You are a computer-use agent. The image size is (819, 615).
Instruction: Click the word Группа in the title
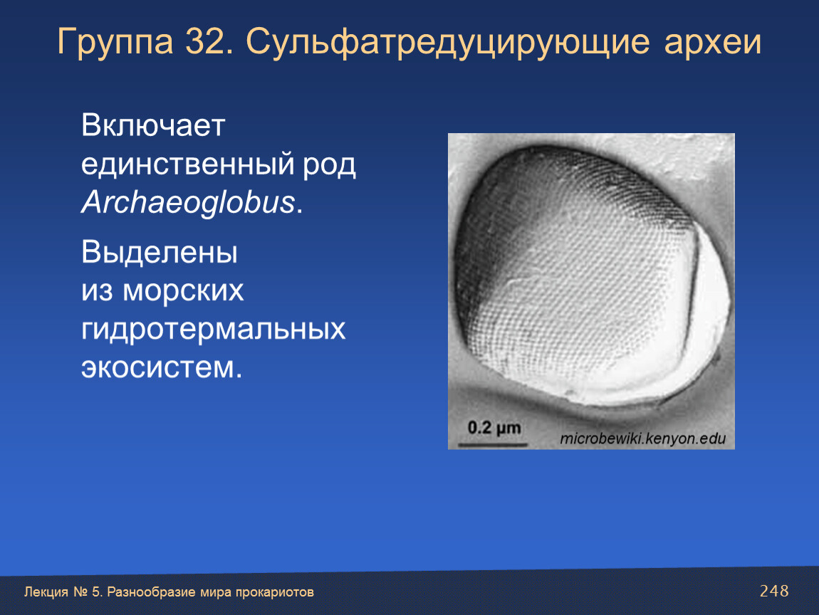point(115,42)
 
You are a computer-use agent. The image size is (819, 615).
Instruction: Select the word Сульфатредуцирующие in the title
point(448,43)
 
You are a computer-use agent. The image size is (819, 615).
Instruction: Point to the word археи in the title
point(712,42)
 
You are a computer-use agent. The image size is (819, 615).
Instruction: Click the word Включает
point(153,125)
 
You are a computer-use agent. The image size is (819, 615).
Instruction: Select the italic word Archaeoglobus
point(189,203)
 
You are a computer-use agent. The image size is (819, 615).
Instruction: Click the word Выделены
point(160,253)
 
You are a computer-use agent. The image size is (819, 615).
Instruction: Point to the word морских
point(183,291)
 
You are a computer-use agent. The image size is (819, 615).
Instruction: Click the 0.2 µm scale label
point(494,429)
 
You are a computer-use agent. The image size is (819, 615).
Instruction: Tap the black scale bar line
point(492,445)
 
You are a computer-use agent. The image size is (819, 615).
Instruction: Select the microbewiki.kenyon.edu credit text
point(643,438)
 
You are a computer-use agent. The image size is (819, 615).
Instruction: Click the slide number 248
point(774,591)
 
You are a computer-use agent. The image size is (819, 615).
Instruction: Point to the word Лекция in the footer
point(46,592)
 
